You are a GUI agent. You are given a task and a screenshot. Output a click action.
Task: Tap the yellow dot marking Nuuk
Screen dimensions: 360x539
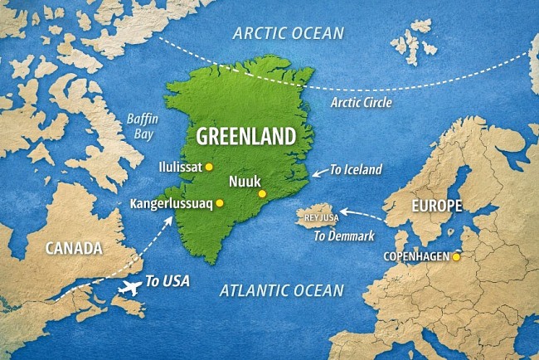point(262,194)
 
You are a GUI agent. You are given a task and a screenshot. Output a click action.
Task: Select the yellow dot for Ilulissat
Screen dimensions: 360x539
point(209,167)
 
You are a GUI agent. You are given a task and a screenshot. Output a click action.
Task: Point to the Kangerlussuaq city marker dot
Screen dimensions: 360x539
point(220,203)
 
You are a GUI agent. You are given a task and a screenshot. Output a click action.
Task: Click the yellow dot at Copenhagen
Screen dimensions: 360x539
point(455,257)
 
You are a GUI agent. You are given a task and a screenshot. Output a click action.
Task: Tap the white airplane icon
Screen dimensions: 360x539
point(130,288)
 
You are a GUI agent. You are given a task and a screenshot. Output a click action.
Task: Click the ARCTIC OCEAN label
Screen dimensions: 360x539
point(287,32)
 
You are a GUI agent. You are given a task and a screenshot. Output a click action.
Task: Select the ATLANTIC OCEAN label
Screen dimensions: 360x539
point(281,289)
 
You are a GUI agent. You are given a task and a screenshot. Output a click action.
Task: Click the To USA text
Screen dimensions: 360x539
point(167,281)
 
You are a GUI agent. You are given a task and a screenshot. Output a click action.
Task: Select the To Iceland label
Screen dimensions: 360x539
point(356,170)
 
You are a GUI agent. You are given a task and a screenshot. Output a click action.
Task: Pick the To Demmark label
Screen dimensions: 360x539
point(343,236)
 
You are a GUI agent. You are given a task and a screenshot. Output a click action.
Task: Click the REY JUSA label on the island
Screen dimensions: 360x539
point(322,218)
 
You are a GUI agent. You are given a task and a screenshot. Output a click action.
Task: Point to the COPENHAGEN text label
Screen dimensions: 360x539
point(415,257)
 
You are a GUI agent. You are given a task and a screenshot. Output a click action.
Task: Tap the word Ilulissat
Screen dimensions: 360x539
point(180,167)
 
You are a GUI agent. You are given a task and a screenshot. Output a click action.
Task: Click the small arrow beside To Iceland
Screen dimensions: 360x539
point(318,175)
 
